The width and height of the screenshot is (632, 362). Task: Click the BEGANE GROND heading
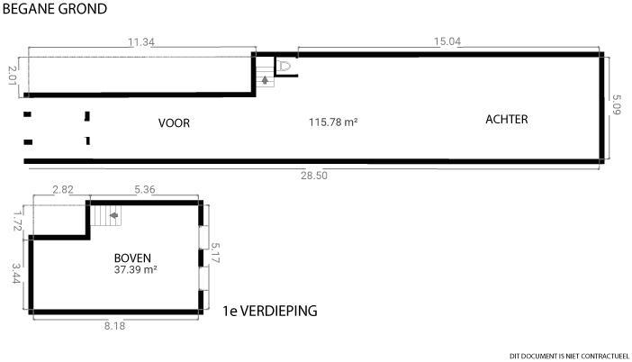pos(55,8)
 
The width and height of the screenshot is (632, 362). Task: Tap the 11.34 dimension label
pos(141,42)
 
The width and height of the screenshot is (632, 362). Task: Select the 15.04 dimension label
pos(447,41)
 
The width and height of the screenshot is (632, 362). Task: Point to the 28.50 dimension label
pos(314,176)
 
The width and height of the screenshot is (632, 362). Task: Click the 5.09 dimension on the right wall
pos(617,104)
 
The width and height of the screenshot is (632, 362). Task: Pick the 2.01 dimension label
pos(13,76)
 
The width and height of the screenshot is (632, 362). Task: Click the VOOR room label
pos(174,123)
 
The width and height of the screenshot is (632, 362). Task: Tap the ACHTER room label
pos(507,120)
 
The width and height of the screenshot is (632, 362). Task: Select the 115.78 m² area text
pos(333,122)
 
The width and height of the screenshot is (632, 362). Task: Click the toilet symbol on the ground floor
pos(284,66)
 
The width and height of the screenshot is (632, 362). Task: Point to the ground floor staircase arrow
pos(265,80)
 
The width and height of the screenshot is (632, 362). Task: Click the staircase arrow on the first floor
pos(114,215)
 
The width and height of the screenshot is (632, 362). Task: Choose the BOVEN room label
pos(132,258)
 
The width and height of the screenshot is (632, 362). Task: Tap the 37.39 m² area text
pos(135,269)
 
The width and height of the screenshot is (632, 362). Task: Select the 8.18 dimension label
pos(114,326)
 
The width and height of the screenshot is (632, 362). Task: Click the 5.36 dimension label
pos(145,189)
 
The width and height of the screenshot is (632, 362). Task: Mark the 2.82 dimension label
pos(63,189)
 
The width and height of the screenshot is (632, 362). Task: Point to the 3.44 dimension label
pos(16,274)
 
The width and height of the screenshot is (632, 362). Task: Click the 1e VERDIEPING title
pos(270,311)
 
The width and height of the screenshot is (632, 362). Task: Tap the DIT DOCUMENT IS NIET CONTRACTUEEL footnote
pos(569,357)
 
